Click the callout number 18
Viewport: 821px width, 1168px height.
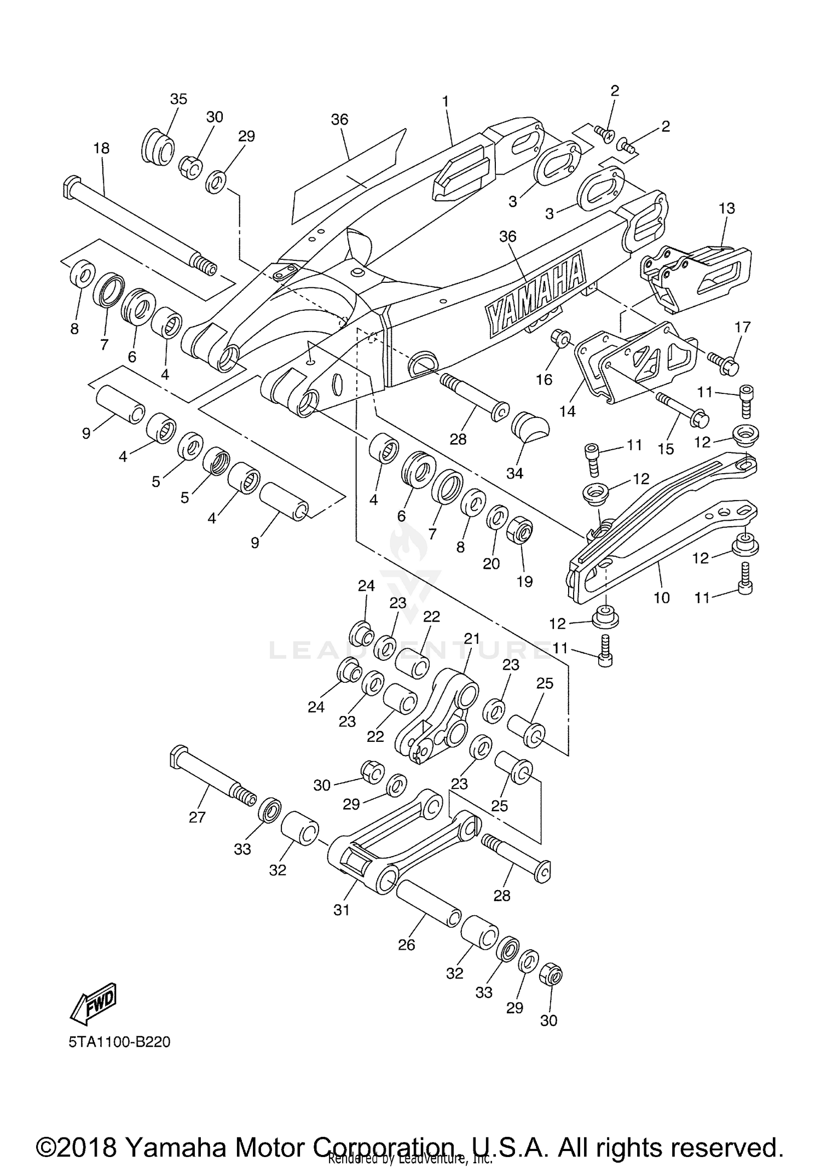click(101, 148)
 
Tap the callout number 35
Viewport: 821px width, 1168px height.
click(178, 99)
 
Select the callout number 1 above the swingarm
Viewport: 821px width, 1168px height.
click(446, 101)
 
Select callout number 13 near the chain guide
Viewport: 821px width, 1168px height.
click(727, 208)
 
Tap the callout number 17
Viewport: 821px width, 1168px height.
click(743, 327)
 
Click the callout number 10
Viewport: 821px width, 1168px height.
click(662, 597)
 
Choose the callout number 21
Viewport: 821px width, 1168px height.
click(471, 638)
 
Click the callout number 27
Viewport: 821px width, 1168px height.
click(197, 817)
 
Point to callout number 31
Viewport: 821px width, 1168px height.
click(342, 910)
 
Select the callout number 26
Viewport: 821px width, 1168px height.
click(407, 945)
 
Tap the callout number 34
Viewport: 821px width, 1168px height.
click(514, 473)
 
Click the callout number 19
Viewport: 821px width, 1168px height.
click(524, 581)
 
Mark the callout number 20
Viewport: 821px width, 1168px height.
click(492, 563)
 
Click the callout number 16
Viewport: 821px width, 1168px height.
click(544, 380)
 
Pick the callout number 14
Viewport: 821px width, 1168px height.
click(568, 411)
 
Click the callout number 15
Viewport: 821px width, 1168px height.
click(666, 449)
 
